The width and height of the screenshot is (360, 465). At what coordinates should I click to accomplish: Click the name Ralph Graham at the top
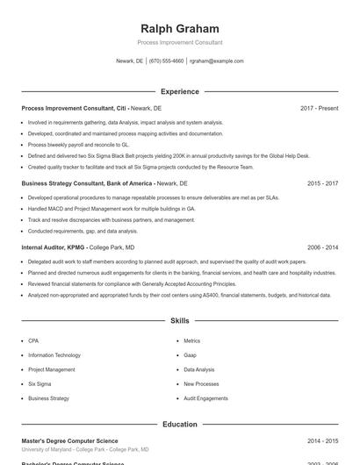pos(180,28)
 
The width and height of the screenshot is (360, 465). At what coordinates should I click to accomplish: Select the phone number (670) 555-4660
pos(166,61)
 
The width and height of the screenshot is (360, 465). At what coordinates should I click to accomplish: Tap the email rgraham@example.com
pos(216,61)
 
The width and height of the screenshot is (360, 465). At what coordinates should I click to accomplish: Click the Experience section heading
pos(180,91)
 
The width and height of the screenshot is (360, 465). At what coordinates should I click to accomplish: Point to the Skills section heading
pos(180,321)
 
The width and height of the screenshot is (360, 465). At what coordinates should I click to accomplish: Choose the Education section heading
pos(180,424)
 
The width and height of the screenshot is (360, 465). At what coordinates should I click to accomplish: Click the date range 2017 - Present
pos(319,108)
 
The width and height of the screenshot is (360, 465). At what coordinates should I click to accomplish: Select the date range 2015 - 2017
pos(322,184)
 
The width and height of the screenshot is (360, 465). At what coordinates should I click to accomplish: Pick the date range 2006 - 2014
pos(322,248)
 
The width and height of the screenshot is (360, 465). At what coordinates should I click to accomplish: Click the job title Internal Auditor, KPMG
pos(54,248)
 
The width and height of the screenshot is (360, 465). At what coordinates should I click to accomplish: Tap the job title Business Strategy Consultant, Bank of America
pos(86,184)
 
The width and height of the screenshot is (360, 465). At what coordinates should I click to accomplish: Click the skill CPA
pos(33,340)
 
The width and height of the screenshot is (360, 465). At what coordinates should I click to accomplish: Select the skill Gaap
pos(190,354)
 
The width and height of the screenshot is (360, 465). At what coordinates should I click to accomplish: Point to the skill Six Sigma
pos(40,383)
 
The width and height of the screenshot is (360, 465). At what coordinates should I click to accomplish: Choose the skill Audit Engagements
pos(205,398)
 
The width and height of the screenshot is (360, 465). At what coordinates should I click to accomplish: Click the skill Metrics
pos(192,340)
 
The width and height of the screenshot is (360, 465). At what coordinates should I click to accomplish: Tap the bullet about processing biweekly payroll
pos(78,144)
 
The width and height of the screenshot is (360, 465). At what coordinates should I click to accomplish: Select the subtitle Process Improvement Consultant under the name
pos(180,42)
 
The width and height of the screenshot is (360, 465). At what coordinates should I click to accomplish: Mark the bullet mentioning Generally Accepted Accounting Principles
pos(132,284)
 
